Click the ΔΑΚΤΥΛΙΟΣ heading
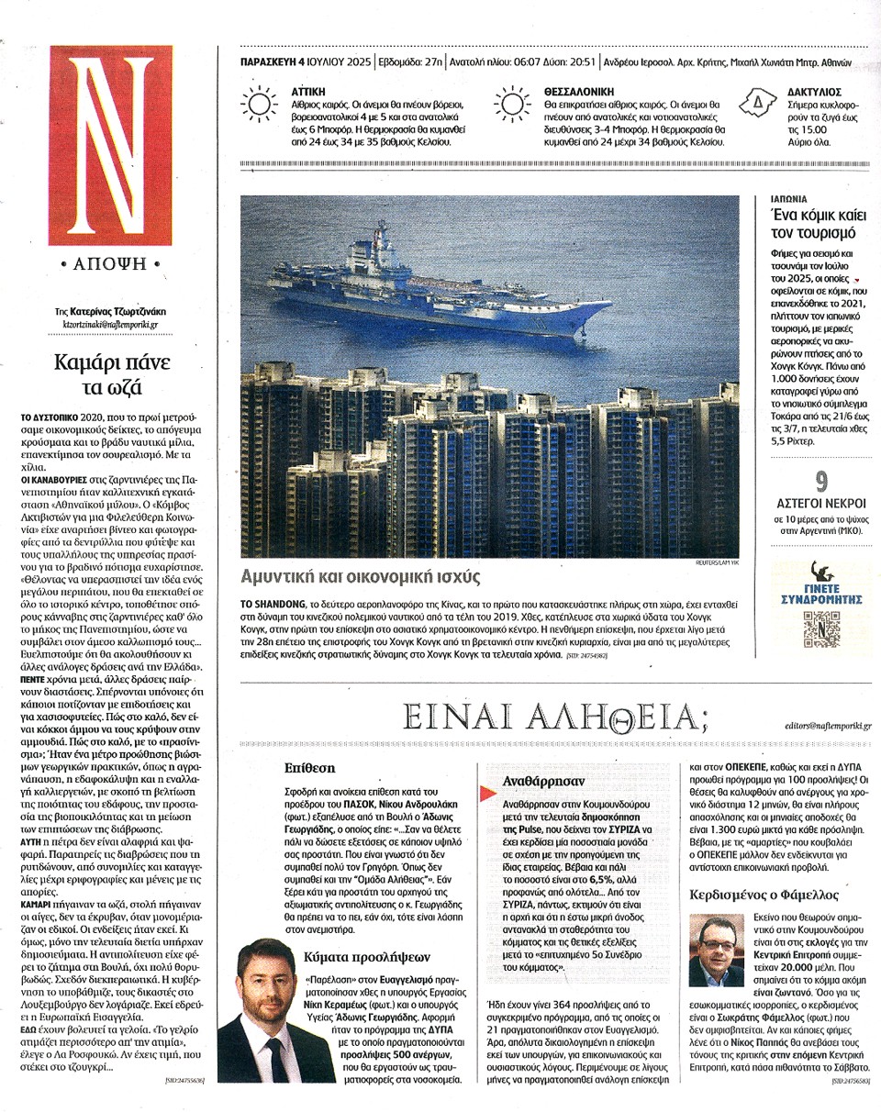815,92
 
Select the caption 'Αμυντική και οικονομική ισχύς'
360,577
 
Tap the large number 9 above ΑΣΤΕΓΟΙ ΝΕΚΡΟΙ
822,480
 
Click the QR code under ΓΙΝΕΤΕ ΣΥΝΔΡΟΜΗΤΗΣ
821,629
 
